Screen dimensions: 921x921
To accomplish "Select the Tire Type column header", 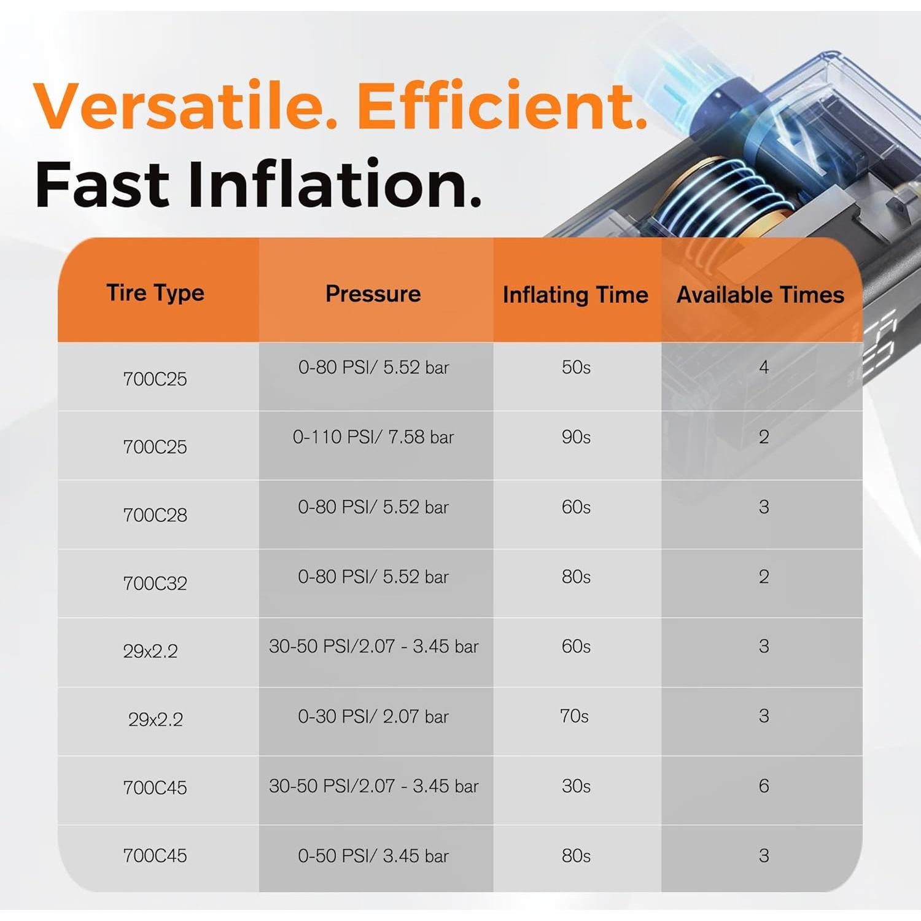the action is click(155, 293).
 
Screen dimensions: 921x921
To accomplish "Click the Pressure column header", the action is click(373, 293).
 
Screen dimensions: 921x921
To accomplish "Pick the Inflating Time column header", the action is click(575, 295).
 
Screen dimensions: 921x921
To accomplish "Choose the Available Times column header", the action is click(761, 295).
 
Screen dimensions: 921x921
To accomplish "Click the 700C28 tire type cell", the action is click(155, 515).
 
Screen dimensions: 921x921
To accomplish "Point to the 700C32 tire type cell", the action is click(155, 583).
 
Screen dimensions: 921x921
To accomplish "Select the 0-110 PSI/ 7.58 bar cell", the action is click(373, 437).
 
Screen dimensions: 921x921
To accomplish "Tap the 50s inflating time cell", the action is click(576, 367).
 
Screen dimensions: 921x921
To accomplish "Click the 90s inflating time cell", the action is click(576, 437).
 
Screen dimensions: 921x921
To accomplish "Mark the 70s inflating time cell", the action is click(575, 716).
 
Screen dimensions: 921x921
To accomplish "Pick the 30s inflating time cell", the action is click(576, 786).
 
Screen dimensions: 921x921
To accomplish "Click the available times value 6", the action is click(764, 786).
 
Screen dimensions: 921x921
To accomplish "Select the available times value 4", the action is click(764, 367).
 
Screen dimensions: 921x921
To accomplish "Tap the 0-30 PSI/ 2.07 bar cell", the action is click(373, 717).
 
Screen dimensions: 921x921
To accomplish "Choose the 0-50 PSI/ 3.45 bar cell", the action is click(373, 856).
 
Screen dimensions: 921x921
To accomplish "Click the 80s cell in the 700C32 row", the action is click(576, 577).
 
